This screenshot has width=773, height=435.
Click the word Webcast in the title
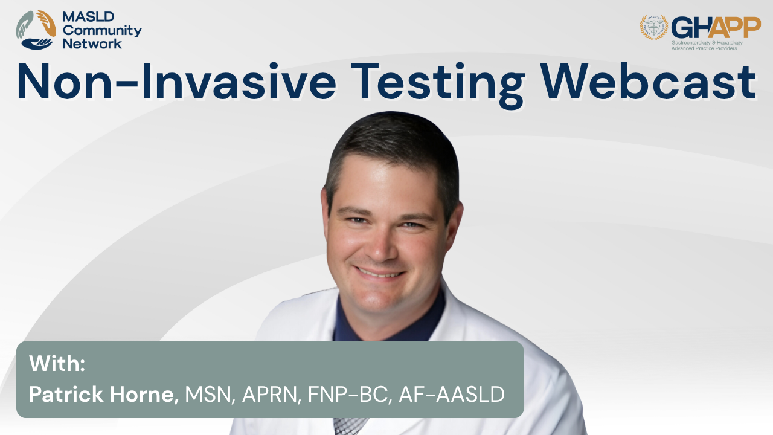point(649,82)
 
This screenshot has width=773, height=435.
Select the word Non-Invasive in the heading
point(176,82)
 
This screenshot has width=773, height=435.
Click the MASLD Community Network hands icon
point(36,30)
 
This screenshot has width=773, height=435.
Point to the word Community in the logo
point(102,30)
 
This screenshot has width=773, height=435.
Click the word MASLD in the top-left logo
point(88,16)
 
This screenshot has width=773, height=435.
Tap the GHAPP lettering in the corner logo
point(716,28)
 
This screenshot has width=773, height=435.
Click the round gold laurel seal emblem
point(654,27)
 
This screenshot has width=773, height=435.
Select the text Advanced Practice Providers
point(704,48)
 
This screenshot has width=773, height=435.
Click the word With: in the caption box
point(57,363)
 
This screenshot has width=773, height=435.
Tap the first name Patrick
point(66,394)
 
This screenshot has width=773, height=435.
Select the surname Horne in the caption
point(144,395)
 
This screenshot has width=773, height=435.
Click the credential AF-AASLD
point(452,394)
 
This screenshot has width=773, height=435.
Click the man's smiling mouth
point(380,272)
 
